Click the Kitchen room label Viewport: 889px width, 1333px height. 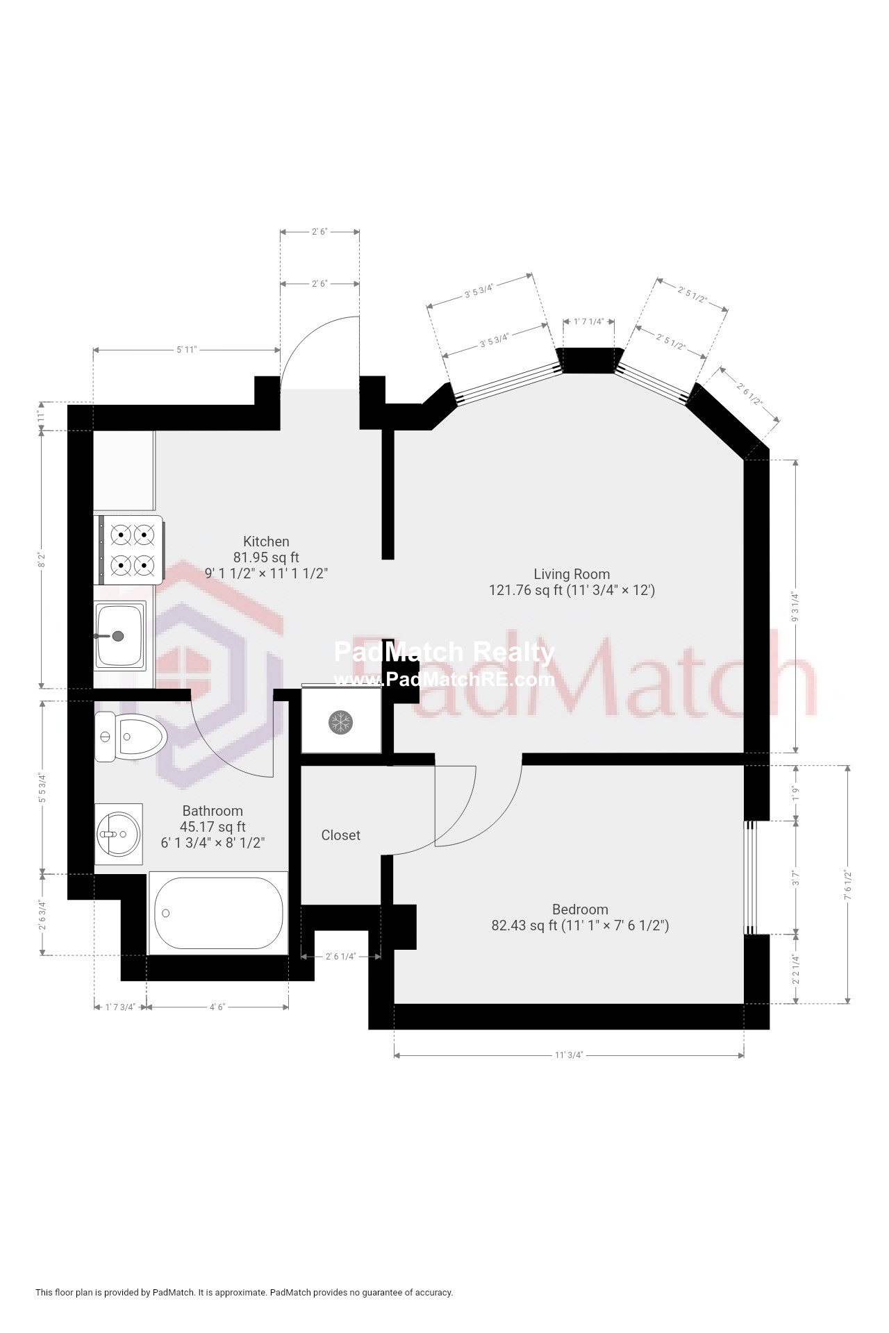tap(266, 542)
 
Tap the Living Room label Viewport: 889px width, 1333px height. tap(572, 574)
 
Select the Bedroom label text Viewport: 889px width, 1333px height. tap(580, 909)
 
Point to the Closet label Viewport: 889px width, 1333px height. tap(340, 835)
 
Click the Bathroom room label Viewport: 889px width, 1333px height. tap(213, 811)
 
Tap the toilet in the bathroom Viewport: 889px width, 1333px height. tap(131, 737)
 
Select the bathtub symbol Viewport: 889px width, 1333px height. tap(218, 913)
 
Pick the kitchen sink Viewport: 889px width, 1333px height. tap(120, 635)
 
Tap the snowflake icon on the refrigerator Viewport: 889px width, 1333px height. tap(340, 722)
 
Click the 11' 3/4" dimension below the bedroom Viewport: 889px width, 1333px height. tap(568, 1055)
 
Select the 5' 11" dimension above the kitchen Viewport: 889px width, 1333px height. tap(186, 350)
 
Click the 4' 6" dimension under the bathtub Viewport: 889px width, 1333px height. tap(217, 1007)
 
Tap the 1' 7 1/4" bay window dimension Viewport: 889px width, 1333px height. tap(589, 321)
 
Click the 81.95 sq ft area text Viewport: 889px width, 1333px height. tap(266, 557)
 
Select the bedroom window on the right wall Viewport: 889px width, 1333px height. tap(750, 878)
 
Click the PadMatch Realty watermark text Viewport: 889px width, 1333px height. tap(444, 652)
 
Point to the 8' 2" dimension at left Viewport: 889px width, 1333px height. tap(42, 560)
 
